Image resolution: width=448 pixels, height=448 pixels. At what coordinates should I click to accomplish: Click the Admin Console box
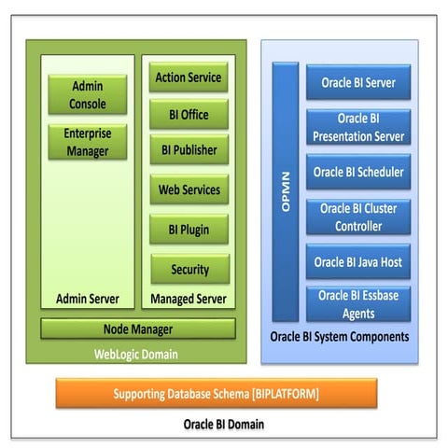pos(88,94)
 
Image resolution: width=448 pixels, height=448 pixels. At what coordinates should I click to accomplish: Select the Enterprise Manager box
pos(88,142)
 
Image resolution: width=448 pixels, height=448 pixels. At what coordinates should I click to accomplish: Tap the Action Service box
pos(189,77)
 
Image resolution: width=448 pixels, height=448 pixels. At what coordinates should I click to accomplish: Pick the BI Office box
pos(189,115)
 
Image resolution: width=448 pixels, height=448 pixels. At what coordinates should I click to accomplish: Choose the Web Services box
pos(189,190)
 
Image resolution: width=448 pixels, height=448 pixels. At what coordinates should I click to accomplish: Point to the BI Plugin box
pos(189,230)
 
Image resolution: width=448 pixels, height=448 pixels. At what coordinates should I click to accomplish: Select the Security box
pos(189,269)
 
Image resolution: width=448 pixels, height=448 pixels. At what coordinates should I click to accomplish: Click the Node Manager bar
pos(137,329)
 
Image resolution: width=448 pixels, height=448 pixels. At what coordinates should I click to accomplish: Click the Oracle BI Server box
pos(358,82)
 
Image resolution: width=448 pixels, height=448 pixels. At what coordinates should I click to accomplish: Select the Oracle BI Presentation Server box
pos(358,127)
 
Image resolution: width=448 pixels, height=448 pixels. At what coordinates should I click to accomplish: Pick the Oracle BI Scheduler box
pos(358,172)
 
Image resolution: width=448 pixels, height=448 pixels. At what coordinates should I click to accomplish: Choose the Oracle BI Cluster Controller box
pos(358,217)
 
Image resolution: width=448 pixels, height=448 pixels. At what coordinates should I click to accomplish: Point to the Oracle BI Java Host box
pos(358,261)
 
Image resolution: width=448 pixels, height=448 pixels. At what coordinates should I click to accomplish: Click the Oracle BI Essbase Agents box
pos(358,303)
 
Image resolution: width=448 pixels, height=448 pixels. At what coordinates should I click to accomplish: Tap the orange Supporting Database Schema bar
pos(217,393)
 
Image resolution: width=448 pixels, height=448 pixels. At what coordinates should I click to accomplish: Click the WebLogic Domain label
pos(136,354)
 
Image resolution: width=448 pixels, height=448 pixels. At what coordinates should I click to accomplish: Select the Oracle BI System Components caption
pos(339,337)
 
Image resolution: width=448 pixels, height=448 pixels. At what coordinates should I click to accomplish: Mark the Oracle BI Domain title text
pos(223,425)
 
